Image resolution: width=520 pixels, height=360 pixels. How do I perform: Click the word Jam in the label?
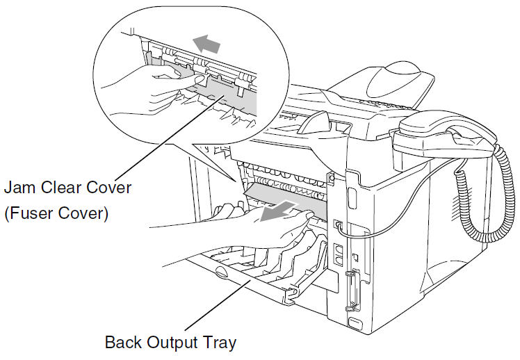click(x=20, y=188)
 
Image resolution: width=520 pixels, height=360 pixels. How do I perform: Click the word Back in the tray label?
click(x=122, y=343)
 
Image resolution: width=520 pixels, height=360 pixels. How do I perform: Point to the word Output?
click(x=171, y=343)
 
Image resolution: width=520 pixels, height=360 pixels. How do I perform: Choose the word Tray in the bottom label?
click(x=220, y=343)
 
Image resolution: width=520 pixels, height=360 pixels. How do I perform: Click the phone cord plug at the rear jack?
click(x=338, y=225)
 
